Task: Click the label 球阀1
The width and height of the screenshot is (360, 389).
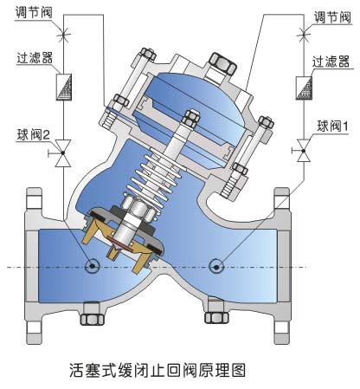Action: tap(332, 126)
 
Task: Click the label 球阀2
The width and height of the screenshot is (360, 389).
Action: tap(34, 134)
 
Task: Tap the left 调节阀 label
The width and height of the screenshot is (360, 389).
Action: tap(34, 12)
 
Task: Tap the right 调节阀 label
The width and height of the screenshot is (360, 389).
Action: tap(332, 17)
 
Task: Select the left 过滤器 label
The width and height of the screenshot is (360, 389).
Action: tap(35, 57)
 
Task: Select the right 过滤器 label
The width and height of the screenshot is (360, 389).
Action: tap(331, 62)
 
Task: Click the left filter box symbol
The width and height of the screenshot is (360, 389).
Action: tap(63, 88)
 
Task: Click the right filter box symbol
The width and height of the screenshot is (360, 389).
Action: tap(304, 88)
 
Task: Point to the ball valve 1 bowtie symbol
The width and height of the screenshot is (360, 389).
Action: tap(304, 150)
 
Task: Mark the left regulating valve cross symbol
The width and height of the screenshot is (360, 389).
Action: tap(63, 35)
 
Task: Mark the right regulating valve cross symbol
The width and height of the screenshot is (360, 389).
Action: tap(304, 35)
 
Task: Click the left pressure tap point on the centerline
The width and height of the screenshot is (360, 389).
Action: tap(93, 266)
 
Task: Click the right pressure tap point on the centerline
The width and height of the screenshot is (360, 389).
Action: tap(216, 266)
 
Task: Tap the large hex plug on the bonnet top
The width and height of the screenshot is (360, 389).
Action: tap(223, 63)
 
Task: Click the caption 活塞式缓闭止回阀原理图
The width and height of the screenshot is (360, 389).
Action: tap(157, 369)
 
